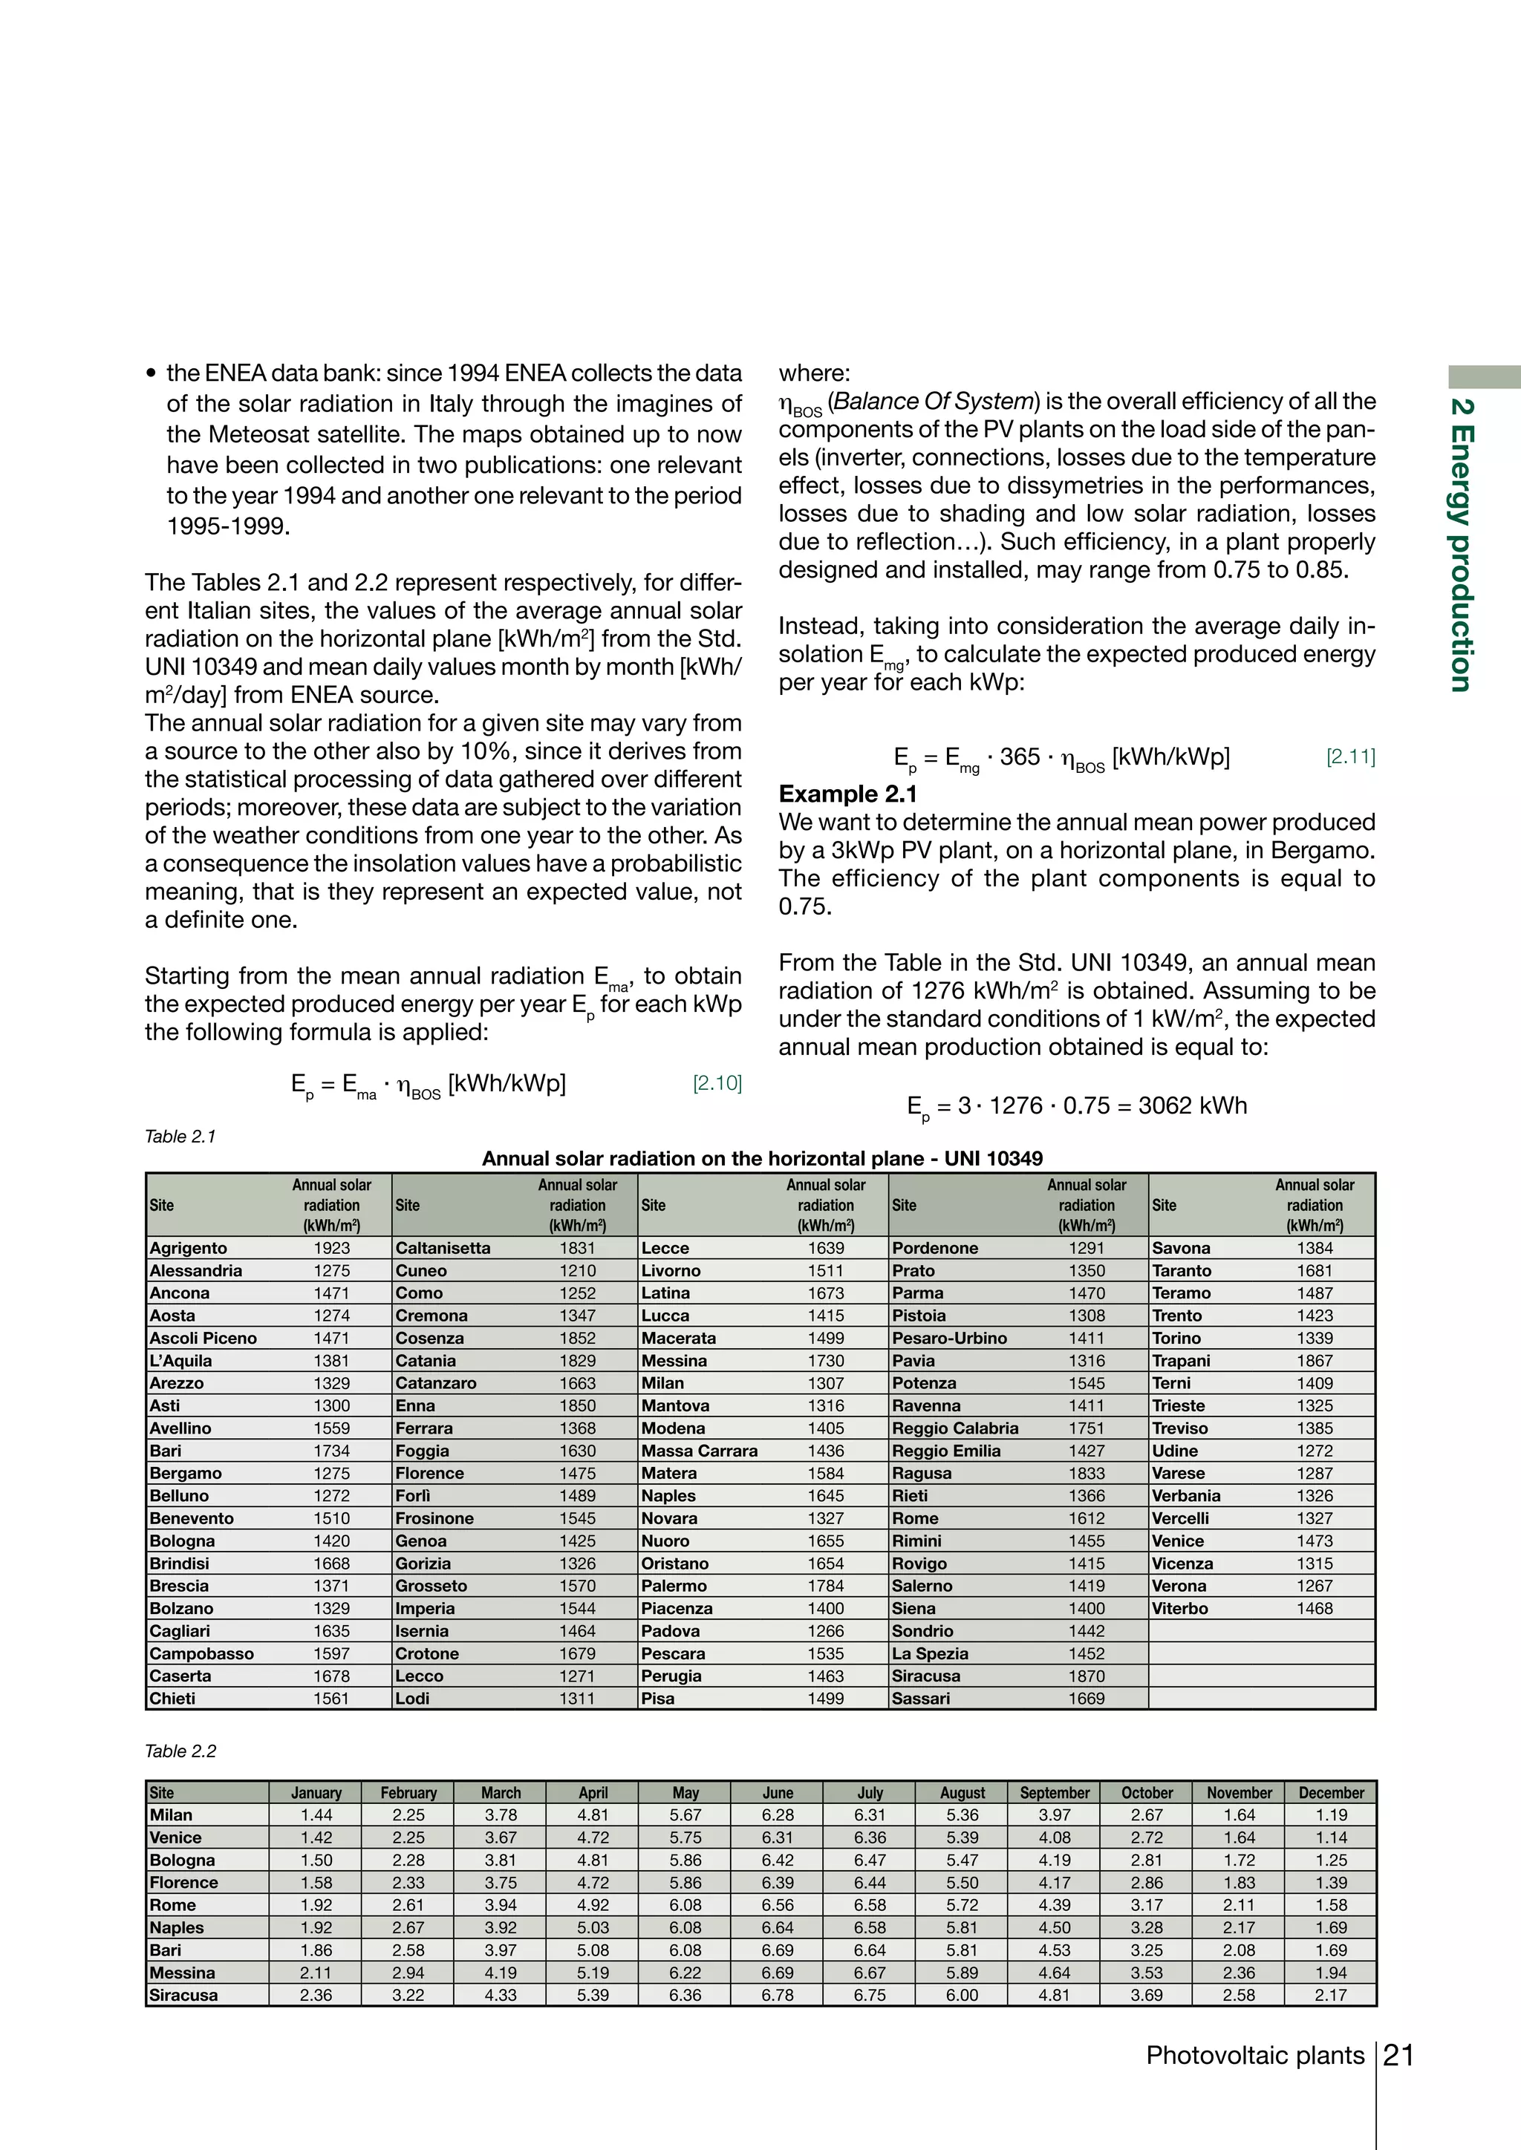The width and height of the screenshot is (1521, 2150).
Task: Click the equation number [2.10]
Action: (x=717, y=1083)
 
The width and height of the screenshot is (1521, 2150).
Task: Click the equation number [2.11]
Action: (x=1349, y=757)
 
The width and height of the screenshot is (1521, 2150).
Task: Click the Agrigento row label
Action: (x=188, y=1248)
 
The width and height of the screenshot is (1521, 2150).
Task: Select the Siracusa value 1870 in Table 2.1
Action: (x=1087, y=1676)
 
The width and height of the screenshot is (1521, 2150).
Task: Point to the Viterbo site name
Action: (x=1180, y=1609)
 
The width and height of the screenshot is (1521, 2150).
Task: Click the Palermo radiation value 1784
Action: (x=825, y=1587)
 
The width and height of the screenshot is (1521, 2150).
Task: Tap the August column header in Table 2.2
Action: (x=962, y=1792)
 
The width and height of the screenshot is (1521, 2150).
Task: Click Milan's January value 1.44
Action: (x=316, y=1814)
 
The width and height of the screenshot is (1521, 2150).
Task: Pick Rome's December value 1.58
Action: (x=1331, y=1905)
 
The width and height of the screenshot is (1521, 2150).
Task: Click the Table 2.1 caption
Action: (x=180, y=1137)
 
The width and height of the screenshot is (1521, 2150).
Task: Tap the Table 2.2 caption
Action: (x=180, y=1751)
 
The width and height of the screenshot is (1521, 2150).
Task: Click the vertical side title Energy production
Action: (x=1461, y=546)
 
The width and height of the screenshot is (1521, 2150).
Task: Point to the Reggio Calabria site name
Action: (x=954, y=1428)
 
